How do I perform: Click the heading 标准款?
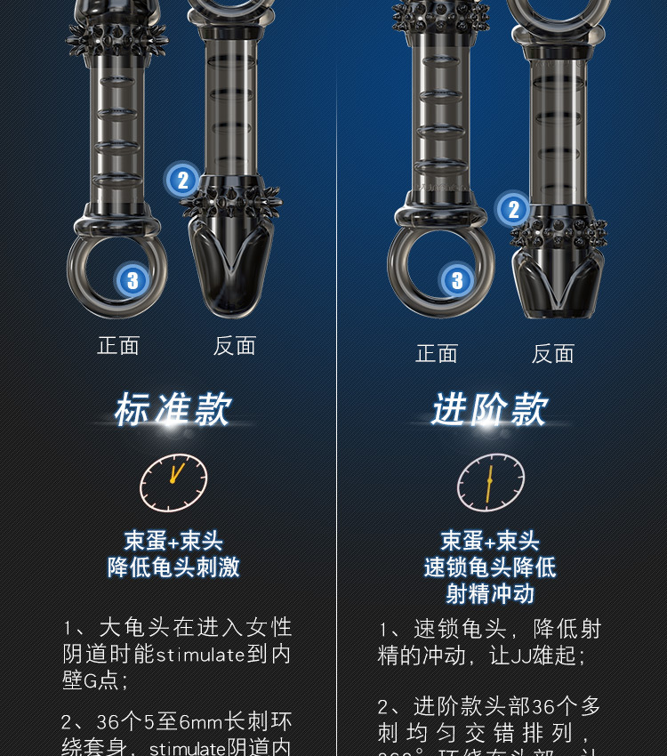[x=173, y=410]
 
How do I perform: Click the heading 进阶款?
[x=490, y=410]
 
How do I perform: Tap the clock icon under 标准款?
[x=173, y=483]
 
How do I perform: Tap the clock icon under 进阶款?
[x=490, y=483]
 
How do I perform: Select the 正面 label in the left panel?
[x=118, y=346]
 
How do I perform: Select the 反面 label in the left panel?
[x=235, y=346]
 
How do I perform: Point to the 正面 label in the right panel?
[x=437, y=354]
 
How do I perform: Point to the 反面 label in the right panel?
[x=553, y=354]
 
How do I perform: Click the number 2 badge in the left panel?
[x=182, y=181]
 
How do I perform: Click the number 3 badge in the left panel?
[x=133, y=281]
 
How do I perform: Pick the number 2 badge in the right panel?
[x=513, y=210]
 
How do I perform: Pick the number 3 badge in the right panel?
[x=457, y=281]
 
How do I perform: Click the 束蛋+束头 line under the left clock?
[x=173, y=541]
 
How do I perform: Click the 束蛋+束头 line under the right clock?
[x=490, y=541]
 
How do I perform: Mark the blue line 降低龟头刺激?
[x=173, y=567]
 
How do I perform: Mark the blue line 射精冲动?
[x=490, y=594]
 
